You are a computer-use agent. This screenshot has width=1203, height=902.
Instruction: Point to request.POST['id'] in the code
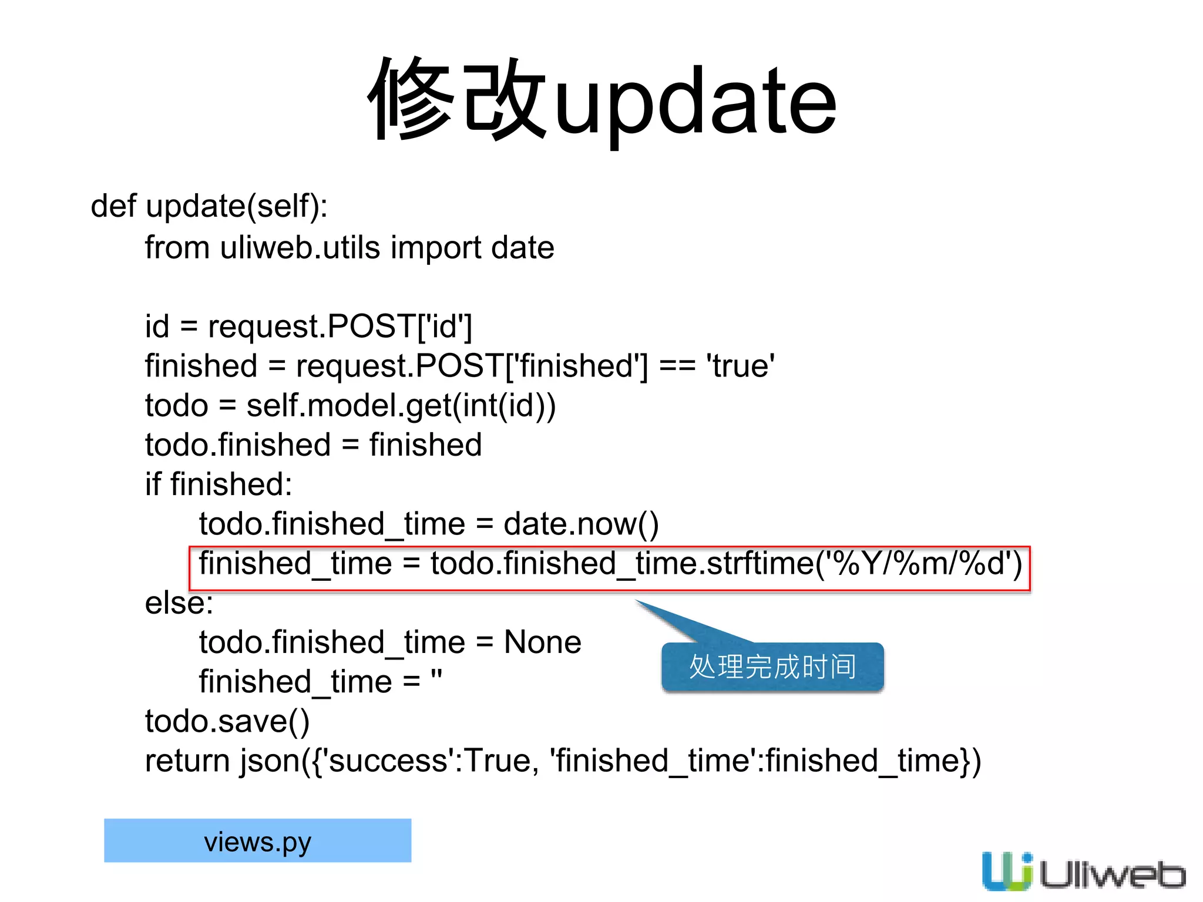coord(340,327)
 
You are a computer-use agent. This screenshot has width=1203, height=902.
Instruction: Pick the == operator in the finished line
coord(677,366)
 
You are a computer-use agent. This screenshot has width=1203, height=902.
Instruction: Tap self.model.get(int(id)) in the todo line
coord(401,406)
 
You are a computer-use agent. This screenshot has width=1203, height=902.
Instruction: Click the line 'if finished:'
coord(219,484)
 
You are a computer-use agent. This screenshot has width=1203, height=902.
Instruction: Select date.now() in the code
coord(581,524)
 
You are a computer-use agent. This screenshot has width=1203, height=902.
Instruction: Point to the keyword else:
coord(179,603)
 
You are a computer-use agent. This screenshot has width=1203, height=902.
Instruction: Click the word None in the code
coord(543,642)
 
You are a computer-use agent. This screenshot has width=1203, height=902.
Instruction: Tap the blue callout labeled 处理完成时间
coord(772,667)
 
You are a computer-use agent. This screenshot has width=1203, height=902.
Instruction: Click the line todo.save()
coord(227,721)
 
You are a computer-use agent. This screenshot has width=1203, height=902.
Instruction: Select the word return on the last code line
coord(187,761)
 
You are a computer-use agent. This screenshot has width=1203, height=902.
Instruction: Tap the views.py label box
coord(257,841)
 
